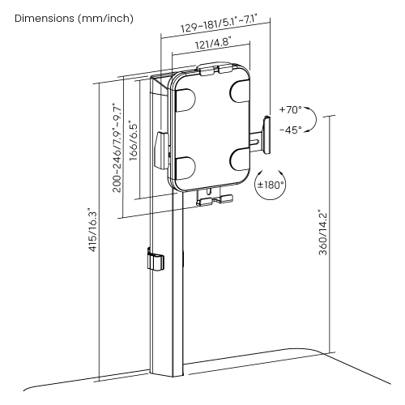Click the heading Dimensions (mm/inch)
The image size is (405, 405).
point(74,19)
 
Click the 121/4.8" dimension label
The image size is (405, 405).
point(214,44)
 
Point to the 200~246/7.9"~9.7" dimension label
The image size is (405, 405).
point(117,147)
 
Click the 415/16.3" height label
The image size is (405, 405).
point(92,230)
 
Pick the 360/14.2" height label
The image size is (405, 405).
point(322,232)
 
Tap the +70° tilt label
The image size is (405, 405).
point(291,109)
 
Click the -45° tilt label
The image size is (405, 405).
point(291,130)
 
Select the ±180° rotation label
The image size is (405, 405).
point(271,185)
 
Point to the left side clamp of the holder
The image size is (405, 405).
point(161,150)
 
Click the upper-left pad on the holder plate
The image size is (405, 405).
point(185,100)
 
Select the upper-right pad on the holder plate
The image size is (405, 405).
point(239,92)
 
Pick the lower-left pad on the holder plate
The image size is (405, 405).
point(185,168)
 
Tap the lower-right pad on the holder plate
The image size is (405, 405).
point(240,160)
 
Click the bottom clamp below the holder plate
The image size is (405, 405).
point(215,198)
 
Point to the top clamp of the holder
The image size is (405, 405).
point(215,69)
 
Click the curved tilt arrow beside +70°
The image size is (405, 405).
point(313,119)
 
